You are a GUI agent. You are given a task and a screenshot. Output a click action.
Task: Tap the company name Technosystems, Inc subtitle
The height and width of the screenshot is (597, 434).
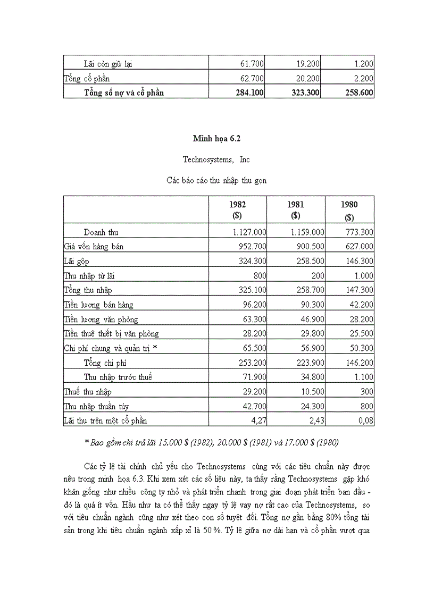click(216, 159)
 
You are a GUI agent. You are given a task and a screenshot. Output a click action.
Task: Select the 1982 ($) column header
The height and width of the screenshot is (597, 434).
click(237, 210)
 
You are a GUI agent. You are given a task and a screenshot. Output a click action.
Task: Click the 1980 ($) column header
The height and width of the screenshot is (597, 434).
click(349, 210)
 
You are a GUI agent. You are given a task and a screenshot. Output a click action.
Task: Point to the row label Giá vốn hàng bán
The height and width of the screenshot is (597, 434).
click(94, 247)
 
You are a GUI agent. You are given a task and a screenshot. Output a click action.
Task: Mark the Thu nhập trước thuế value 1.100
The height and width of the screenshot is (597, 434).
click(363, 377)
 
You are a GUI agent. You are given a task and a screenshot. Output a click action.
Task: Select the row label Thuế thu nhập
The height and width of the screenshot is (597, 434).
click(87, 392)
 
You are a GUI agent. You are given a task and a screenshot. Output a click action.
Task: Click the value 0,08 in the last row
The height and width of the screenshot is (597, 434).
click(365, 421)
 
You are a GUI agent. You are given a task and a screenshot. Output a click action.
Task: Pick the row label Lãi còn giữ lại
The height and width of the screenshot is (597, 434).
click(108, 64)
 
